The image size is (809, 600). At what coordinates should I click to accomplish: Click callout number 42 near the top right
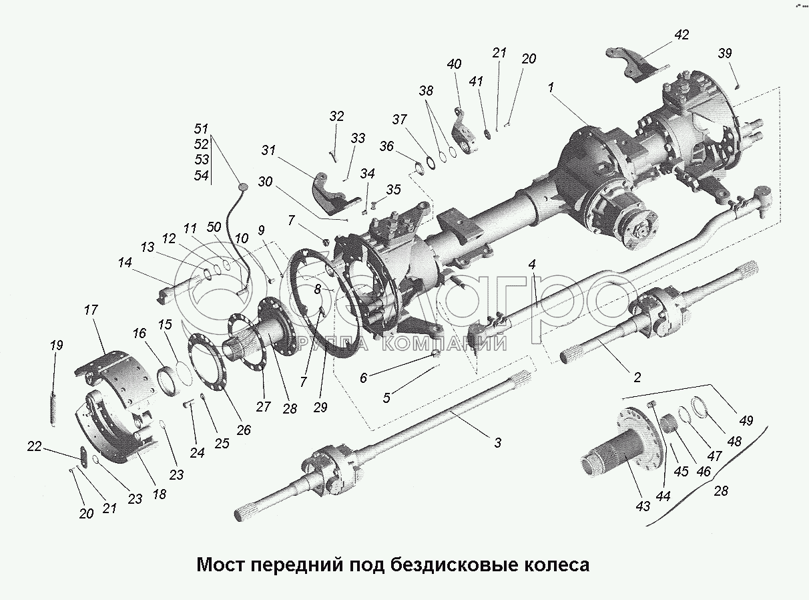click(x=682, y=35)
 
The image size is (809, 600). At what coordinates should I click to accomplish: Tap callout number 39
click(x=725, y=53)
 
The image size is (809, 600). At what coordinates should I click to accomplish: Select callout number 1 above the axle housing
click(x=551, y=88)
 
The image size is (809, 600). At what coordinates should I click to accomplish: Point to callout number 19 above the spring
click(x=57, y=345)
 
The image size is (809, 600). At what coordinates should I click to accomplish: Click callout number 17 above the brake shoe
click(x=91, y=310)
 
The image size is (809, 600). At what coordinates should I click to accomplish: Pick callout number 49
click(x=746, y=421)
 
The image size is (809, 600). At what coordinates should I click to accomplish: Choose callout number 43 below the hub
click(x=643, y=506)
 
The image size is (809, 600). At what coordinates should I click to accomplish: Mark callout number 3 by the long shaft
click(x=498, y=443)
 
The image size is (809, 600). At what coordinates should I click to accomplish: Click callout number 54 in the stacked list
click(x=202, y=175)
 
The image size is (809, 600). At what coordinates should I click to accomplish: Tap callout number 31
click(x=268, y=150)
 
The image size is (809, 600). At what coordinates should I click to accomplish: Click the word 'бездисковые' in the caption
click(x=455, y=565)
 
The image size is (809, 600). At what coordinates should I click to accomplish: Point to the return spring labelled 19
click(x=53, y=410)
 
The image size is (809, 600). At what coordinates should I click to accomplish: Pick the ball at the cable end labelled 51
click(x=242, y=187)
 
